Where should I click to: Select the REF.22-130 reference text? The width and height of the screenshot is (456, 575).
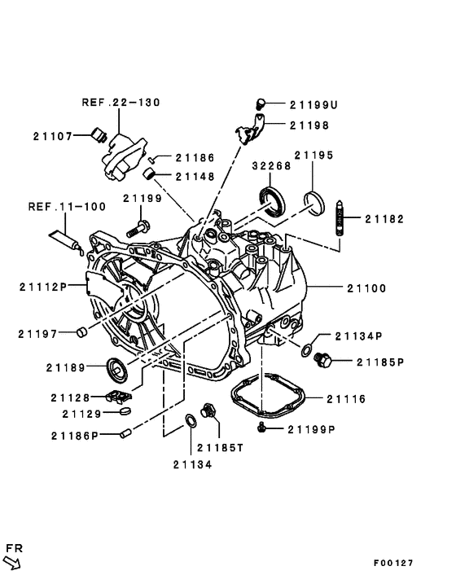(121, 103)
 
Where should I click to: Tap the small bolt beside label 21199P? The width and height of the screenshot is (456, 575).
(262, 428)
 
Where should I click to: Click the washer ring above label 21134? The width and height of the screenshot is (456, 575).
(191, 421)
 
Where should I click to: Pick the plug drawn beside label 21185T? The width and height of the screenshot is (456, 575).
(207, 410)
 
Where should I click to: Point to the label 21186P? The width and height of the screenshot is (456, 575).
(74, 436)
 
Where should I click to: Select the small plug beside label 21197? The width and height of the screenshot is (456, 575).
(81, 331)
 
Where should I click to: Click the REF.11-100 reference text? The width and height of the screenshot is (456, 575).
(59, 207)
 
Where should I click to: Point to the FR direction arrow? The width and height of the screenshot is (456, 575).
(14, 560)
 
